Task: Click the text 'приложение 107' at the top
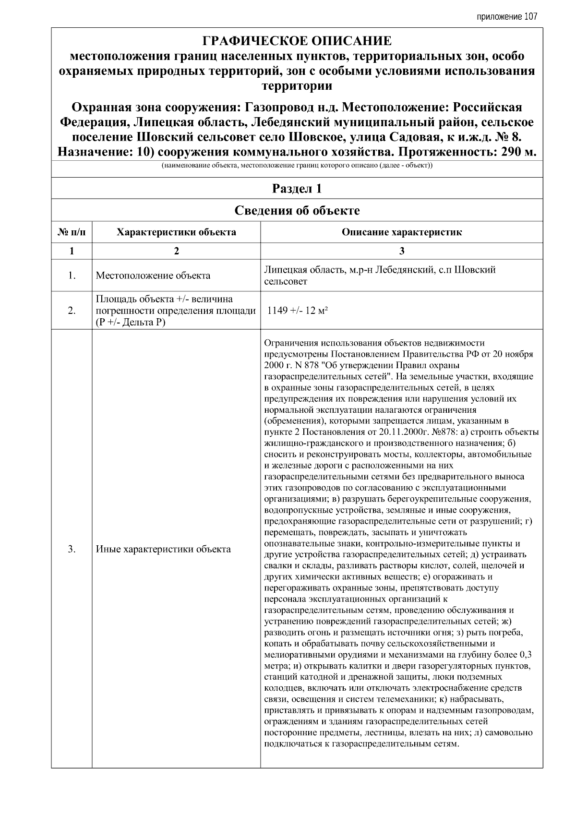[x=506, y=17]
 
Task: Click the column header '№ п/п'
[x=72, y=232]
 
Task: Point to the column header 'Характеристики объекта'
[x=176, y=232]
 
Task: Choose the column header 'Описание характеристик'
[x=401, y=232]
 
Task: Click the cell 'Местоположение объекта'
[x=153, y=276]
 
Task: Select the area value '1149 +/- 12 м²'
[x=297, y=311]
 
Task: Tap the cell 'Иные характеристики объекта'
[x=163, y=549]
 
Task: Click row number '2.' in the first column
[x=72, y=311]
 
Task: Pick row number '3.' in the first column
[x=72, y=549]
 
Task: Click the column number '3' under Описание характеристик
[x=401, y=251]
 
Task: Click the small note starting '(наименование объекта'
[x=296, y=166]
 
